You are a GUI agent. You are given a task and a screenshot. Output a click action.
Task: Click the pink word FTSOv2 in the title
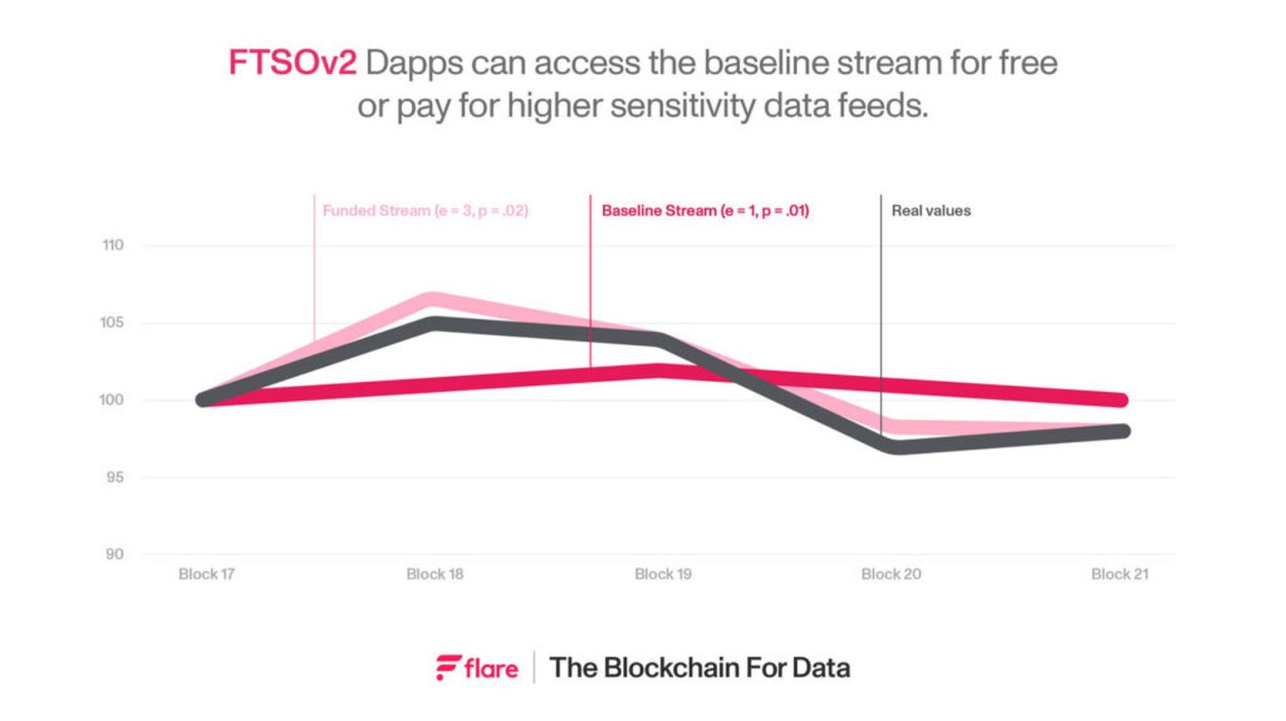coord(292,63)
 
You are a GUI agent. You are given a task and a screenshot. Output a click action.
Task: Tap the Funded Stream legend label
coord(424,211)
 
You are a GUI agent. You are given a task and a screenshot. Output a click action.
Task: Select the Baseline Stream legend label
coord(705,211)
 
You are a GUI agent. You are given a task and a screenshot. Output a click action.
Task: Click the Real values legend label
coord(930,211)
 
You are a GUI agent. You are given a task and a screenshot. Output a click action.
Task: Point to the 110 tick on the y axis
coord(113,245)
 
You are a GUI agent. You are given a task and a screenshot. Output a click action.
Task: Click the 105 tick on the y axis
coord(112,322)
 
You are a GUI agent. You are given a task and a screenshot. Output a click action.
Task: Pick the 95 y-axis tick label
coord(113,477)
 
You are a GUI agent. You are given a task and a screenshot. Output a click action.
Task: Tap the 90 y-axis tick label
coord(114,554)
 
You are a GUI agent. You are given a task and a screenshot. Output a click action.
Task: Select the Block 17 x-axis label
coord(206,574)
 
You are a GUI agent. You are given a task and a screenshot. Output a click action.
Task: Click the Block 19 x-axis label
coord(662,574)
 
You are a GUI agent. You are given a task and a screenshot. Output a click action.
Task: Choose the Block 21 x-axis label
coord(1119,574)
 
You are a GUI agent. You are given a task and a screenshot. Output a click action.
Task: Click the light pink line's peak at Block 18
coord(433,299)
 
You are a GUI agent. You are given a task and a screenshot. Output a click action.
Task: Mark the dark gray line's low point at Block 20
coord(896,447)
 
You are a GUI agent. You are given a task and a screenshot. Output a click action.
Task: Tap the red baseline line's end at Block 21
coord(1120,400)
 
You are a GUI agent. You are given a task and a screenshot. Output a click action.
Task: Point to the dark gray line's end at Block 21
coord(1122,431)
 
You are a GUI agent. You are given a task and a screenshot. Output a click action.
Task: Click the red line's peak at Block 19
coord(661,370)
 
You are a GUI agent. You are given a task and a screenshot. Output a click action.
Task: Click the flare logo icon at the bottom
coord(448,667)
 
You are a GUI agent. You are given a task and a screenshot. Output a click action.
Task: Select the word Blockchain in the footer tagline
coord(671,667)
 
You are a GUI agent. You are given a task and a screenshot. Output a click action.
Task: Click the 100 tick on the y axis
coord(111,400)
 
